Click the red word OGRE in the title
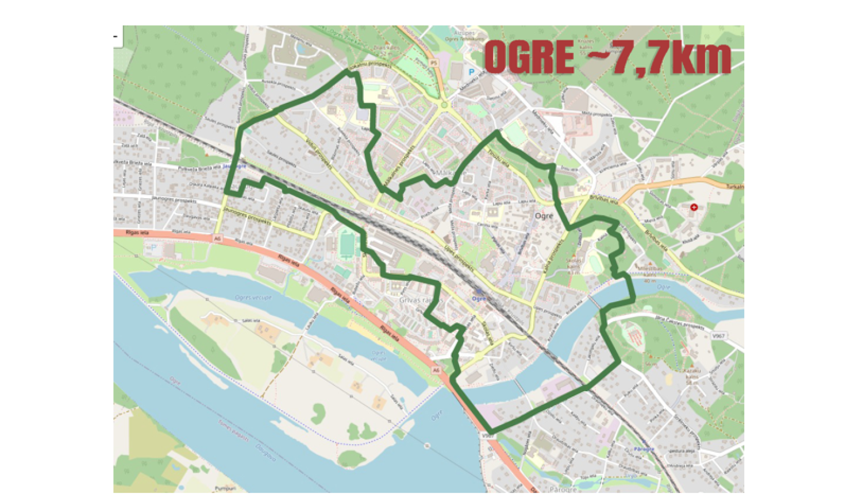(x=529, y=57)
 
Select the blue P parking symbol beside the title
(x=471, y=72)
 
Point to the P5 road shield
(x=434, y=63)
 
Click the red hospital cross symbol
(x=694, y=207)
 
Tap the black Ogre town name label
(x=544, y=216)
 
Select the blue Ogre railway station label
(x=478, y=299)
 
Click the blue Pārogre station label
(x=644, y=449)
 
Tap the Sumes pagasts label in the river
(x=233, y=430)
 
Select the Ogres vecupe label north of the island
(x=253, y=298)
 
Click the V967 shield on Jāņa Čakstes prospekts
(x=718, y=336)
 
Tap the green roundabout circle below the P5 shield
(x=444, y=105)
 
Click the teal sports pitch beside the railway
(x=347, y=244)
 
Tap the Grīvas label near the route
(x=410, y=300)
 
